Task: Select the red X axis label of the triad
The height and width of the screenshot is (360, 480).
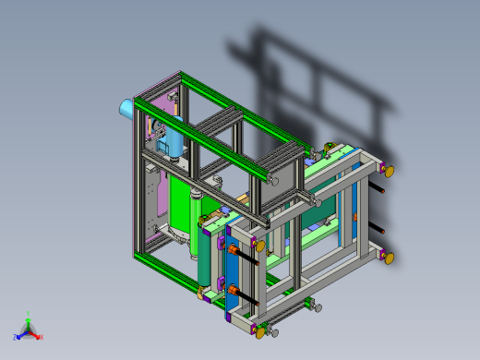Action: point(42,337)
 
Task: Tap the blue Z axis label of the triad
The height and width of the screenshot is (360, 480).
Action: point(16,337)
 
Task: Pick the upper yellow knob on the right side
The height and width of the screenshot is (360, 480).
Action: point(389,170)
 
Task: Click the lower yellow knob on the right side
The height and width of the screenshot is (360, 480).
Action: point(389,258)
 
